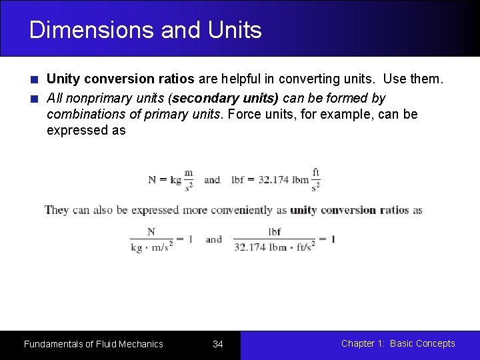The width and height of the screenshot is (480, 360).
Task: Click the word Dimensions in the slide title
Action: pyautogui.click(x=83, y=30)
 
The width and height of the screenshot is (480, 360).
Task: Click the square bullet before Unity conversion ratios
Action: pyautogui.click(x=34, y=80)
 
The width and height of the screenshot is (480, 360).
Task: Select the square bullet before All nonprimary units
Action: pyautogui.click(x=34, y=99)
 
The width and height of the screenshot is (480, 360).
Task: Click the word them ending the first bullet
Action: pyautogui.click(x=425, y=79)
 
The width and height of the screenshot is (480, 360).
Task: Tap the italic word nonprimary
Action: pyautogui.click(x=93, y=98)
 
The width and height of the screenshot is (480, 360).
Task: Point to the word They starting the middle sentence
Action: pyautogui.click(x=57, y=210)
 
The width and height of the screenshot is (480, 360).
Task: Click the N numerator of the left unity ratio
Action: pyautogui.click(x=151, y=232)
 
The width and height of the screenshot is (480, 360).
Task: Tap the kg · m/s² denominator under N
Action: pyautogui.click(x=151, y=247)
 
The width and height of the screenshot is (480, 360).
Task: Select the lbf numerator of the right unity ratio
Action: pyautogui.click(x=275, y=232)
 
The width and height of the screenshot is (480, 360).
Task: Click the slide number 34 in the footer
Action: pyautogui.click(x=217, y=344)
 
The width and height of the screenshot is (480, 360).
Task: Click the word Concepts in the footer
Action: pyautogui.click(x=435, y=343)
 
